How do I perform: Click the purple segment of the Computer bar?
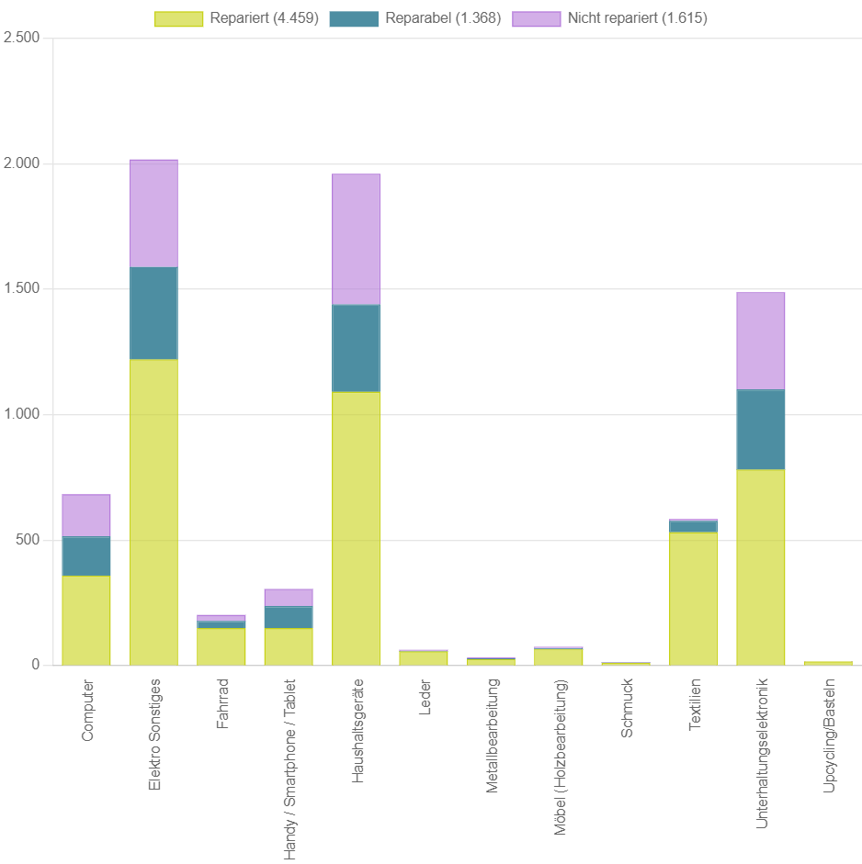(x=86, y=515)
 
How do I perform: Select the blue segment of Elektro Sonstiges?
(x=153, y=312)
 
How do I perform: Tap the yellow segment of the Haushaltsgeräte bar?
(x=356, y=528)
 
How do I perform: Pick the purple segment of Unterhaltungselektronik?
(x=760, y=341)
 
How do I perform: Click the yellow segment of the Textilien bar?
(x=693, y=599)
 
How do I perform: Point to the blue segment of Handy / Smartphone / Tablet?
(x=289, y=616)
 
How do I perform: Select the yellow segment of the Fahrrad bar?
(x=221, y=646)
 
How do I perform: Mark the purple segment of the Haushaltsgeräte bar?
(x=356, y=239)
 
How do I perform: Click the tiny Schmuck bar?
(x=626, y=663)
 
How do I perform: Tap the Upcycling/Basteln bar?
(x=828, y=662)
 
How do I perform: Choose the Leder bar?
(x=423, y=657)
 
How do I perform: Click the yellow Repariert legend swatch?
(x=178, y=19)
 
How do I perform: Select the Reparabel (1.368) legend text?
(x=443, y=19)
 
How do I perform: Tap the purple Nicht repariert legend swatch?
(x=536, y=19)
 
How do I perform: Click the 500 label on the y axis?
(x=29, y=540)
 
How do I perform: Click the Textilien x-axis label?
(x=694, y=705)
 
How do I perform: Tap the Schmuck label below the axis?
(x=627, y=709)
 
